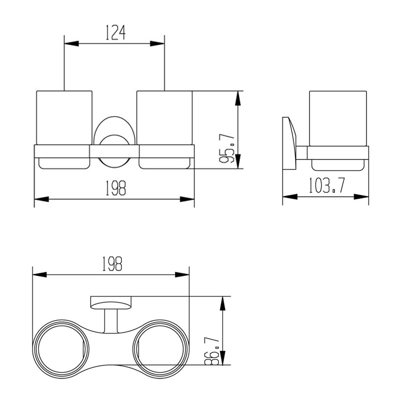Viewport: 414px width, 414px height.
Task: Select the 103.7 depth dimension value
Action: (x=326, y=185)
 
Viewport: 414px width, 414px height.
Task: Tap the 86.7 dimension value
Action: (x=213, y=350)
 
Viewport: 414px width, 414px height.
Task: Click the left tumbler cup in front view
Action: (x=64, y=117)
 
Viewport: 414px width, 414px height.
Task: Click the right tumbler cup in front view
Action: (x=164, y=117)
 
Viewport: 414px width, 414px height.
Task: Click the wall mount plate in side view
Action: (x=290, y=143)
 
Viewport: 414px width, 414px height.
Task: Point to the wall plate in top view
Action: (x=111, y=301)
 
